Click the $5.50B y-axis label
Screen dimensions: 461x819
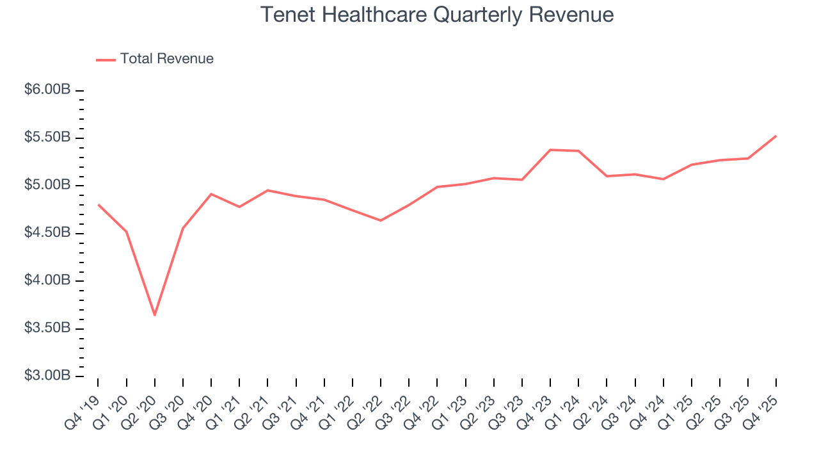(47, 138)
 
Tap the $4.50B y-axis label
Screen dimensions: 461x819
(47, 233)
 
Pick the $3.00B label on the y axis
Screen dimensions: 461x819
(47, 376)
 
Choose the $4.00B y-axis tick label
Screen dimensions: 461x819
(47, 280)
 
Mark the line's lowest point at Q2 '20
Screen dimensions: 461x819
(154, 315)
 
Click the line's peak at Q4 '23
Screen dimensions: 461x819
(550, 150)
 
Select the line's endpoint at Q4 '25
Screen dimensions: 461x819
(776, 136)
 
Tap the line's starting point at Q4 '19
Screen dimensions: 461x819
(98, 205)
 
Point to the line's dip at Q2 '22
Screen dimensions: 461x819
(381, 220)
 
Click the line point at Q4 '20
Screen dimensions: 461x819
(211, 194)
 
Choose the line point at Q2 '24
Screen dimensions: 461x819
(607, 176)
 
